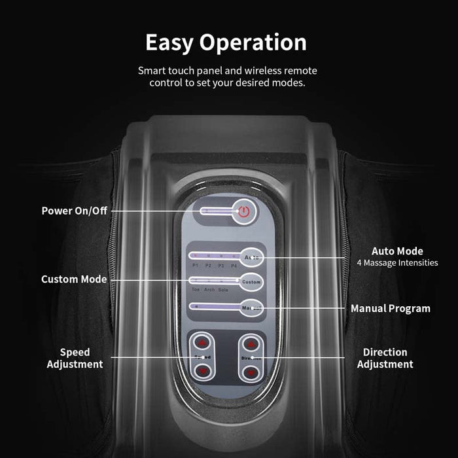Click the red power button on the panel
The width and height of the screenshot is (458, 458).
244,211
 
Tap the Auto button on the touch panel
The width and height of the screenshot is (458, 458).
251,257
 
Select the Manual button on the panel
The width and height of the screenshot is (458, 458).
251,307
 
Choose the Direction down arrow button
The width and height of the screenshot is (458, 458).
250,372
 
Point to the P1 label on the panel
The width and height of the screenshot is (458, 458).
195,266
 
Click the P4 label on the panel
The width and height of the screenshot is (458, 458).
234,266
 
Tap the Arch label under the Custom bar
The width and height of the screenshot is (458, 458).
209,289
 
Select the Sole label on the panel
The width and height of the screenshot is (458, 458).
223,289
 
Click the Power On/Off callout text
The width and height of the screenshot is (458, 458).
74,211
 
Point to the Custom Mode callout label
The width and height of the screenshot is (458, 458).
74,279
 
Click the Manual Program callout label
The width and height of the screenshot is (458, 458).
391,308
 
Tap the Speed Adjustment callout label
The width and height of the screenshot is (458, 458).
75,359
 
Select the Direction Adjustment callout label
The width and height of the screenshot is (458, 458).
385,359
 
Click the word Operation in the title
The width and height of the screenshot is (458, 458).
252,43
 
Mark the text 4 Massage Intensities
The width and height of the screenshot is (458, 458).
397,263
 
